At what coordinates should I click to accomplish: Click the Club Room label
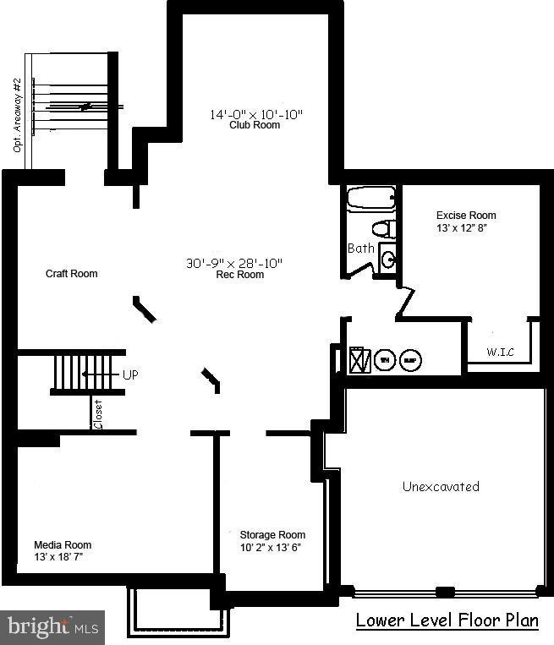click(255, 125)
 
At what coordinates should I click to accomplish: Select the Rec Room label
click(239, 275)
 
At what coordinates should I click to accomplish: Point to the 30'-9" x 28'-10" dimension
click(234, 263)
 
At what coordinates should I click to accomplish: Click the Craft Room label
click(71, 274)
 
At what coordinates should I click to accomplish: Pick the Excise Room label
click(466, 216)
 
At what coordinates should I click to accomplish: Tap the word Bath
click(360, 249)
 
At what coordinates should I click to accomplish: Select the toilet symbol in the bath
click(384, 228)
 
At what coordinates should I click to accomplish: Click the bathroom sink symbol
click(387, 258)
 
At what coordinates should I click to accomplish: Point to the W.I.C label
click(501, 352)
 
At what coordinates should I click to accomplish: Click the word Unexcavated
click(441, 486)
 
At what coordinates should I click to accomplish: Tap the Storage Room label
click(272, 535)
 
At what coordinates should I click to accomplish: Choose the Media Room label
click(63, 545)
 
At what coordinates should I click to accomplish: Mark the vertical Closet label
click(98, 414)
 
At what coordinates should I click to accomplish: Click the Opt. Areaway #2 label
click(16, 116)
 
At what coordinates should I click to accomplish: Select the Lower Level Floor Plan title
click(447, 620)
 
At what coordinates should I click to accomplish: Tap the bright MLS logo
click(52, 627)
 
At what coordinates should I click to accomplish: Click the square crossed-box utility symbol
click(359, 360)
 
